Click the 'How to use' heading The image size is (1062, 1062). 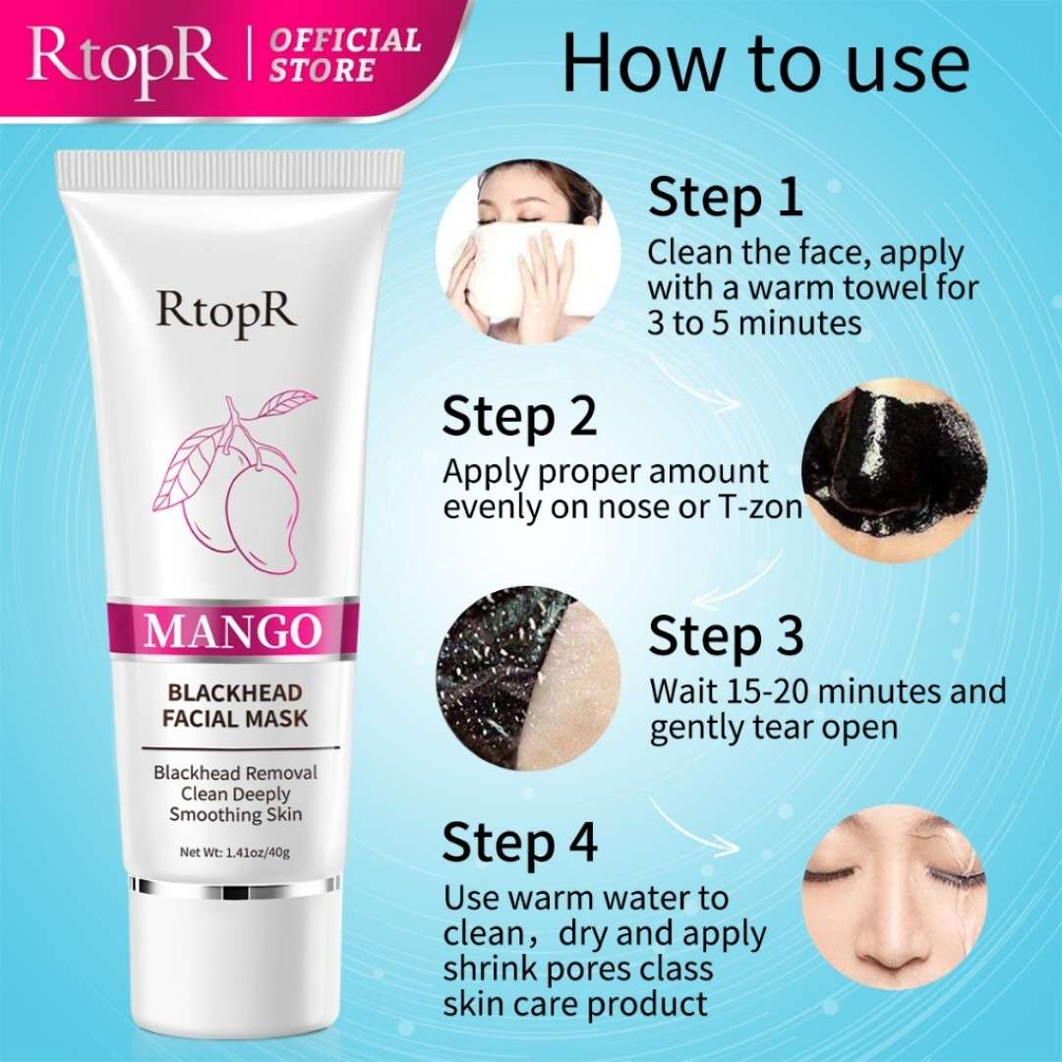(765, 62)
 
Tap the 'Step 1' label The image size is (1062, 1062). (725, 197)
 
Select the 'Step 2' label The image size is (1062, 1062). (519, 416)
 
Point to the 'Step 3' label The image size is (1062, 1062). (726, 635)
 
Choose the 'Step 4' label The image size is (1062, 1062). (519, 841)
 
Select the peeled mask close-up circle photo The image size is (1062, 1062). (528, 678)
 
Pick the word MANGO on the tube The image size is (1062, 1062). (232, 630)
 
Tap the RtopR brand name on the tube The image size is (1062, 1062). (226, 312)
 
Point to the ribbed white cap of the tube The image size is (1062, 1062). (229, 170)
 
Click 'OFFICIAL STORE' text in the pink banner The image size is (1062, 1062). (345, 55)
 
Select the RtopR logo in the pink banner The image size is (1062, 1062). (127, 61)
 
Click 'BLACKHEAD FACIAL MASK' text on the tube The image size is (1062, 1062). (235, 705)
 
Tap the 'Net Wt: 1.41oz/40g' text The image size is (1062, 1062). (234, 852)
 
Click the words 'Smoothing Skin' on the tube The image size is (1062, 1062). (236, 814)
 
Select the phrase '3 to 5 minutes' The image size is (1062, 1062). (754, 323)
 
